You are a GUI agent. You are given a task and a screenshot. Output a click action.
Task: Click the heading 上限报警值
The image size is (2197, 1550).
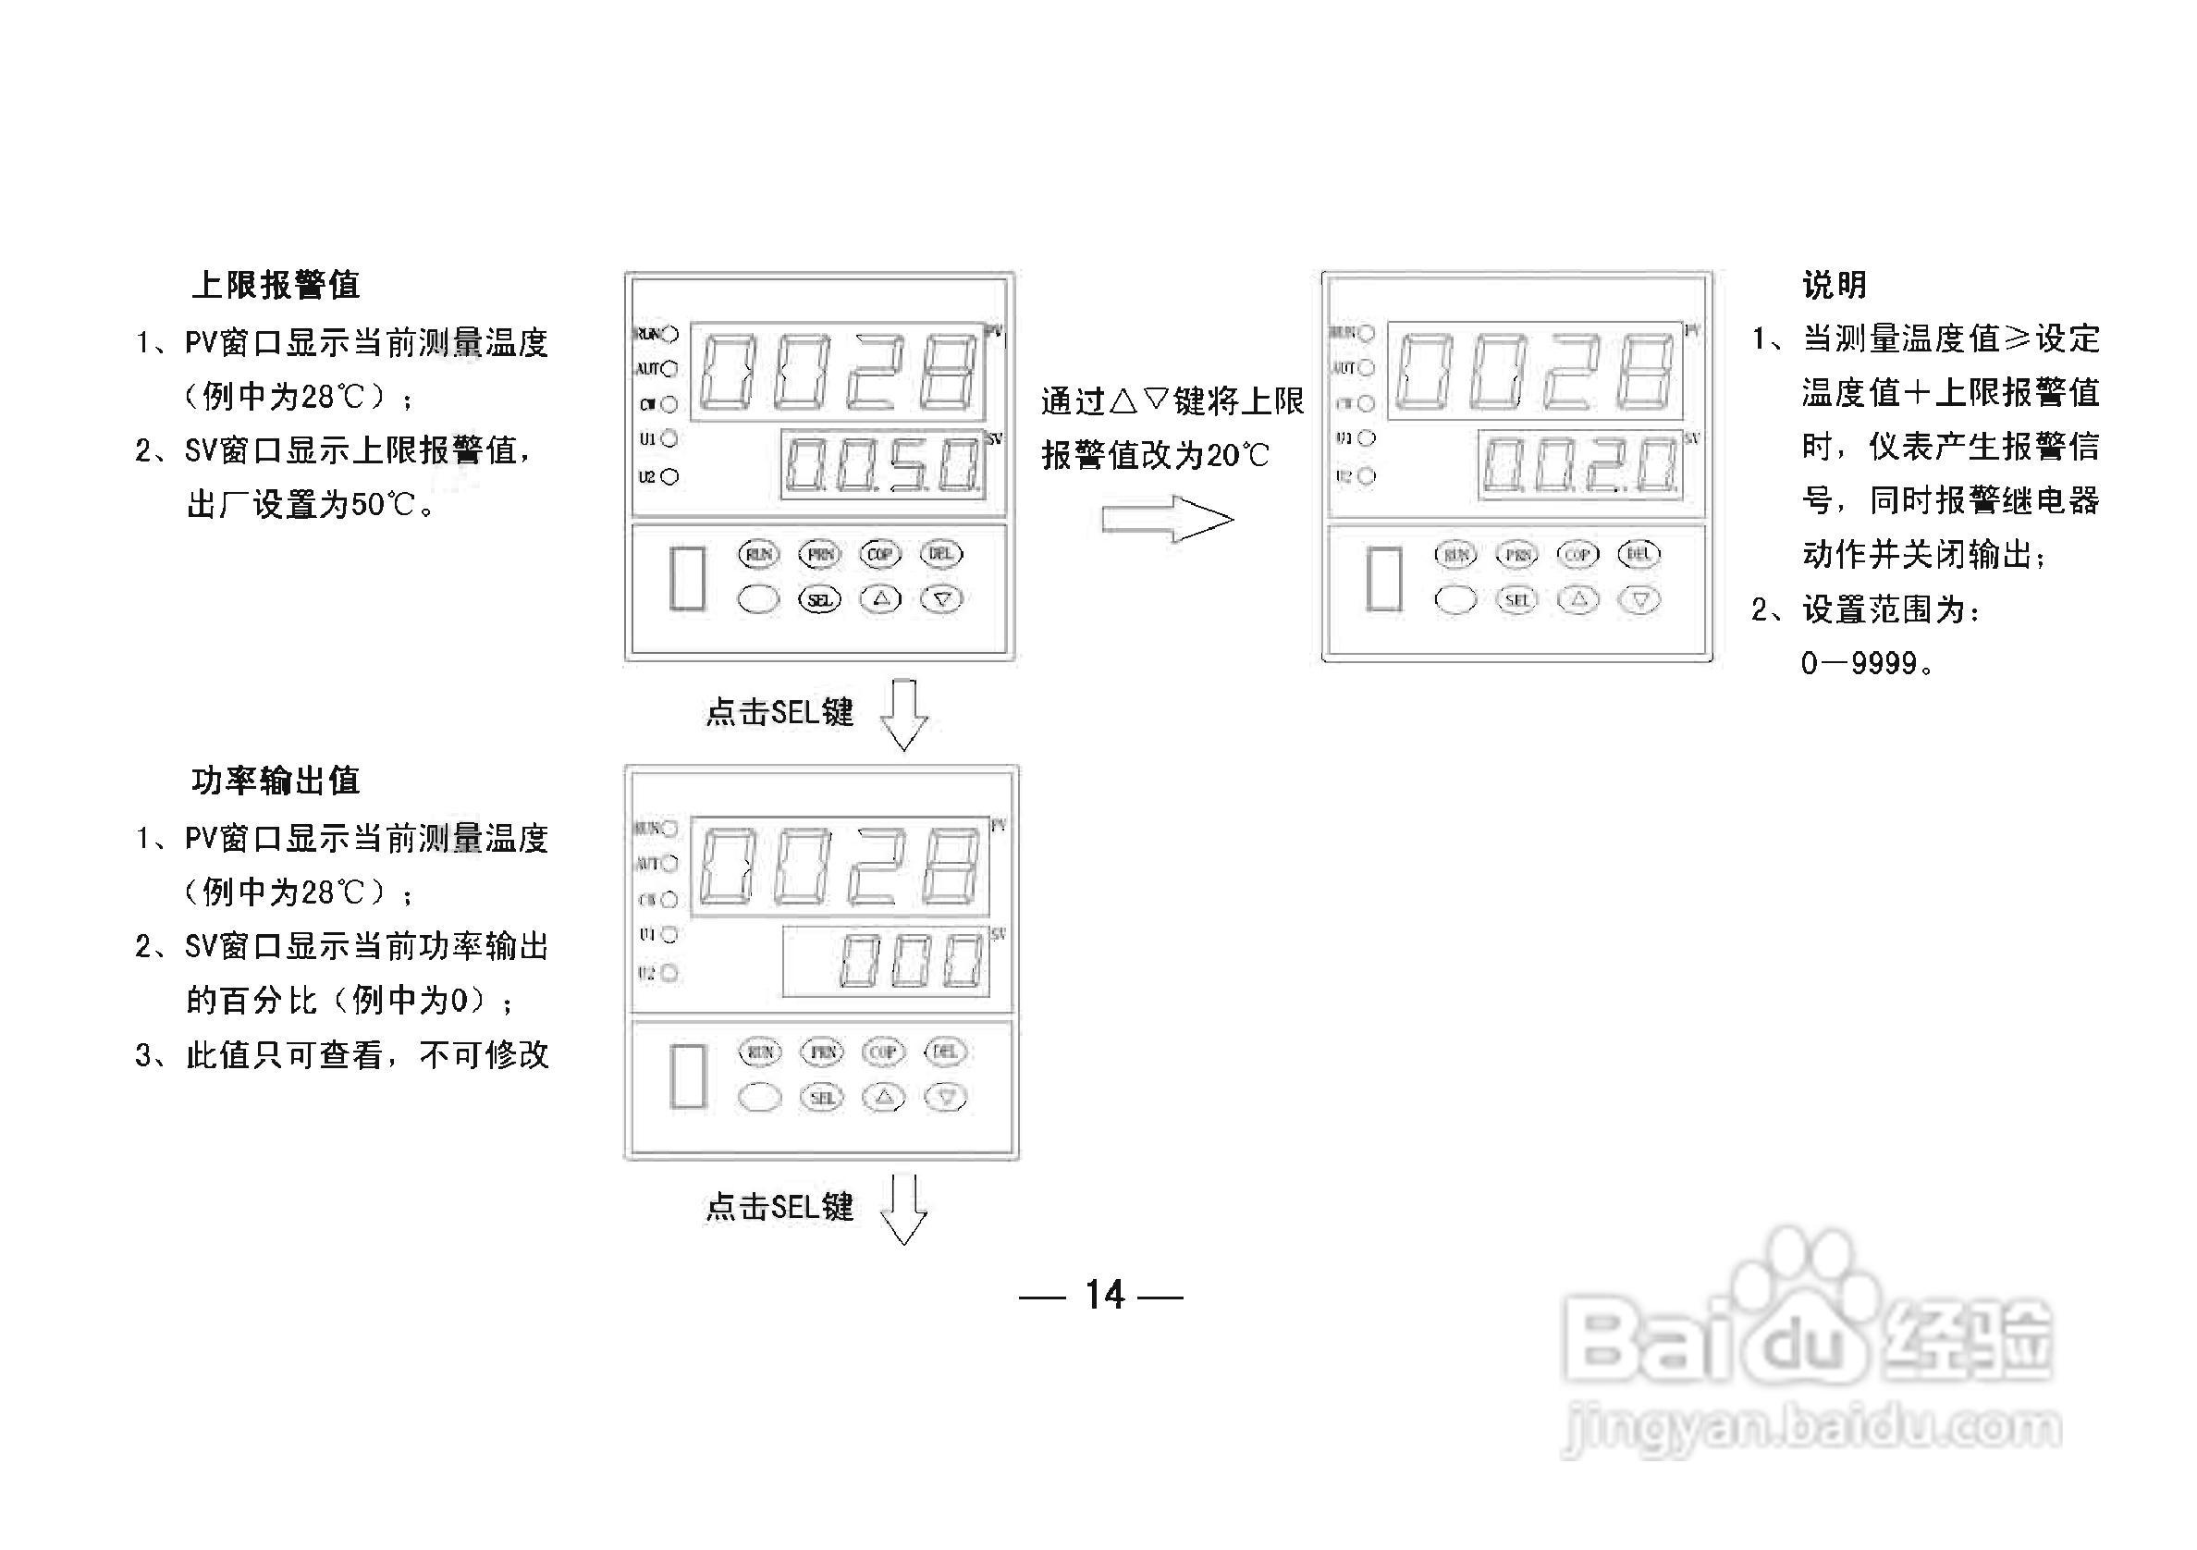(x=276, y=285)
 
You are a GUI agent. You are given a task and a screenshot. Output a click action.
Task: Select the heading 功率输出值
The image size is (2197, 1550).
(x=276, y=781)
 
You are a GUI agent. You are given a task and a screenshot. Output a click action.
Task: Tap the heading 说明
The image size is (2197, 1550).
(x=1834, y=285)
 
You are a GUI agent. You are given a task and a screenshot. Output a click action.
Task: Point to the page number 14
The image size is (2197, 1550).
(x=1103, y=1296)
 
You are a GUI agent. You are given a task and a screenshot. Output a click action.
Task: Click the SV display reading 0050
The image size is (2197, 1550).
(x=882, y=466)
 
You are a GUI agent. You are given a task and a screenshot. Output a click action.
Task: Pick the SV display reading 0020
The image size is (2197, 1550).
(x=1578, y=466)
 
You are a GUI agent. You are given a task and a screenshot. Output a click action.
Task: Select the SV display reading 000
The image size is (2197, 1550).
(x=886, y=962)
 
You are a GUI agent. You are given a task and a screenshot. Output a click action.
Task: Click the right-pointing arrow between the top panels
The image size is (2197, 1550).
(x=1168, y=520)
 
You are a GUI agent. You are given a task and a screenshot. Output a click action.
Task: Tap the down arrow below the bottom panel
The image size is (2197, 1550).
(x=903, y=1211)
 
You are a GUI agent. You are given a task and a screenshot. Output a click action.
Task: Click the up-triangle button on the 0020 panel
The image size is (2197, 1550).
(x=1577, y=600)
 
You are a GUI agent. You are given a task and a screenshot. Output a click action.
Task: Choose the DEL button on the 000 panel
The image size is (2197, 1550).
(x=944, y=1052)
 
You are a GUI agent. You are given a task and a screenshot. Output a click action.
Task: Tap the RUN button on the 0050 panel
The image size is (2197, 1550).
(x=759, y=554)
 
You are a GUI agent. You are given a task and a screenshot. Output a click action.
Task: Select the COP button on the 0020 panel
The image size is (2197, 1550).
(x=1577, y=554)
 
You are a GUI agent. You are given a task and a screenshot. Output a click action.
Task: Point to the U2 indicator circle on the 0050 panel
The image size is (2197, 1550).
(x=669, y=476)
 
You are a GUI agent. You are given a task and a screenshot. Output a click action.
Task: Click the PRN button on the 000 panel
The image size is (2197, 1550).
(x=822, y=1052)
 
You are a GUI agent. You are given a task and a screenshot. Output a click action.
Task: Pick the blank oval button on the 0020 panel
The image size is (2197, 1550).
(x=1455, y=600)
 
